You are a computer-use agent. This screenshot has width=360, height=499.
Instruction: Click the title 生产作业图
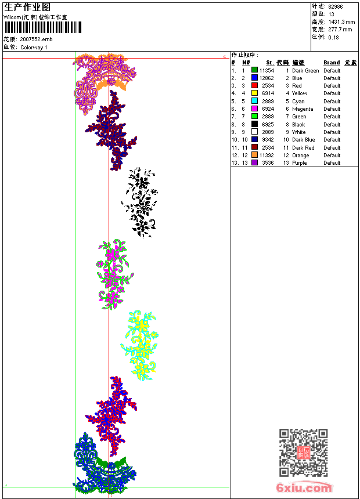click(x=27, y=7)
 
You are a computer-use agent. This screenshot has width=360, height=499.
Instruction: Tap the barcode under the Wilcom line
click(x=40, y=28)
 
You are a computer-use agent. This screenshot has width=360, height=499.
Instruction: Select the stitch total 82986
click(x=336, y=6)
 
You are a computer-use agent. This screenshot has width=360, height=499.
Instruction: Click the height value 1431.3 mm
click(x=341, y=21)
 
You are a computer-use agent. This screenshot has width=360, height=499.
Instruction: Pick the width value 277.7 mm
click(x=340, y=29)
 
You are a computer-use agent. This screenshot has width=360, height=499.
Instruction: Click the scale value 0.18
click(x=333, y=37)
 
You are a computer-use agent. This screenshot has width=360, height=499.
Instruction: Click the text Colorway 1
click(x=34, y=47)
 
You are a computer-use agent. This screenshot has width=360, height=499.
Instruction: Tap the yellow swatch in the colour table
click(x=254, y=93)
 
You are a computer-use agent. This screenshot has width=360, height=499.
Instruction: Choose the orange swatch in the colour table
click(x=254, y=156)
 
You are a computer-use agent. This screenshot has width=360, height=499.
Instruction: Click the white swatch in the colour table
click(x=254, y=132)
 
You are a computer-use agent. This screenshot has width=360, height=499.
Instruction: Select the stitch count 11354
click(x=267, y=71)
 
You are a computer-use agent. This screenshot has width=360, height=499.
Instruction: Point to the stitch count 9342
click(x=268, y=140)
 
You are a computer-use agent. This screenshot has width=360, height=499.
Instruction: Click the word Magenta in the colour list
click(x=303, y=109)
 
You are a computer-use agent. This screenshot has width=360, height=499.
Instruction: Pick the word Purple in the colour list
click(x=300, y=163)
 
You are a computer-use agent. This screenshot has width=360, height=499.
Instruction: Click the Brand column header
click(x=332, y=63)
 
